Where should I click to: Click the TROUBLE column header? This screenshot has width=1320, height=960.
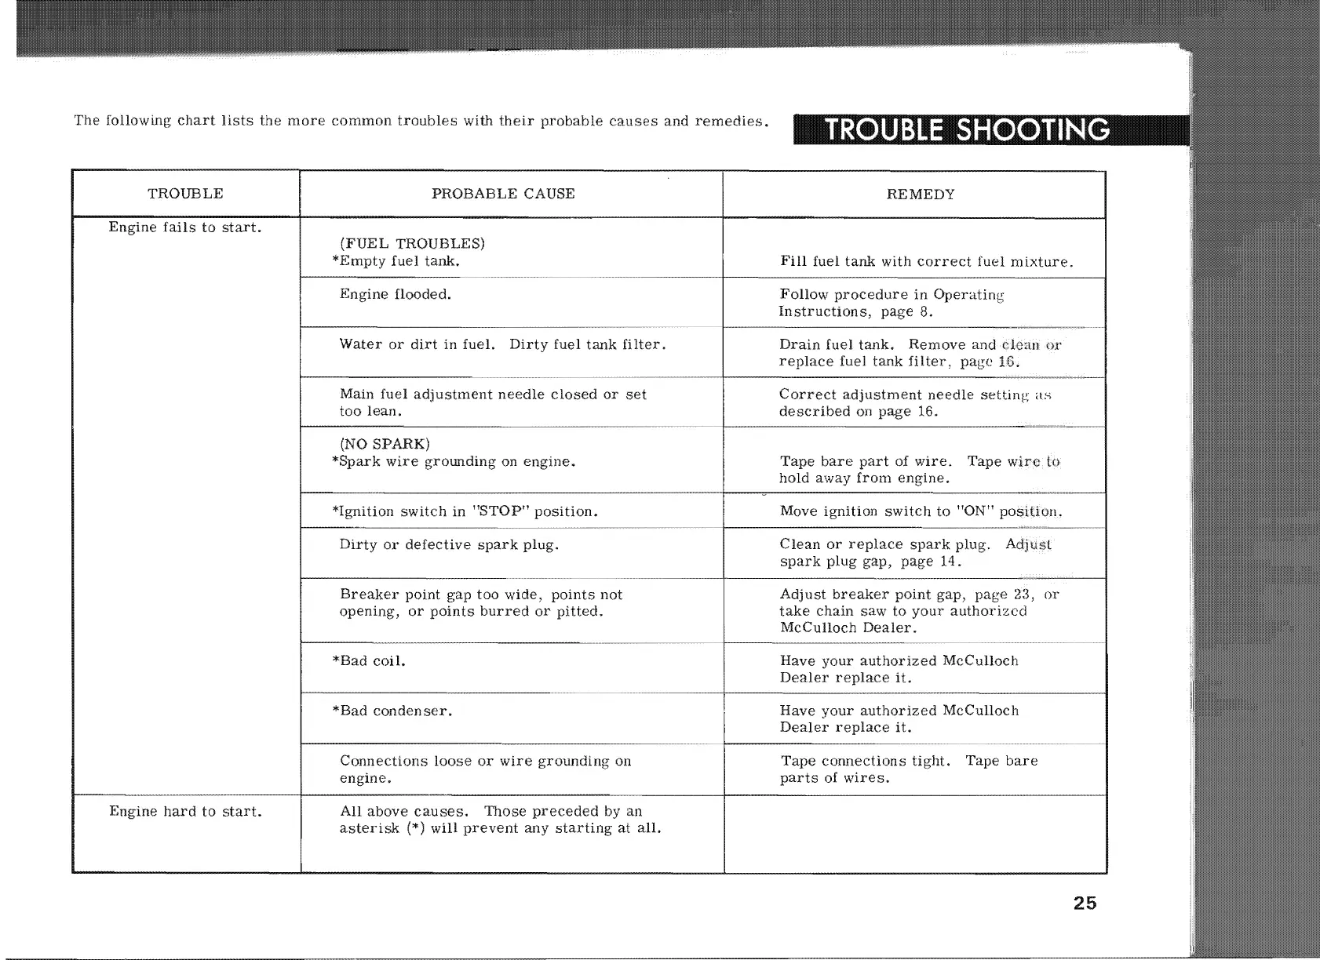coord(185,194)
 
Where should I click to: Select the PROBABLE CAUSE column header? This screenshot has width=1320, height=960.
coord(503,194)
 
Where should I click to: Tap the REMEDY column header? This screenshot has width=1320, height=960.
coord(921,195)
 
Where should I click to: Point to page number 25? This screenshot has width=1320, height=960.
coord(1085,903)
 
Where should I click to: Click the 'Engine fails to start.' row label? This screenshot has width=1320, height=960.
coord(185,227)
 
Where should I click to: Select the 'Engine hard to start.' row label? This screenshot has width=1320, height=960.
coord(185,811)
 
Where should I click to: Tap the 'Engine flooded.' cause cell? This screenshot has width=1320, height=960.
coord(395,294)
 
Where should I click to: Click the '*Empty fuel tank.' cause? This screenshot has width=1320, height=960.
coord(396,261)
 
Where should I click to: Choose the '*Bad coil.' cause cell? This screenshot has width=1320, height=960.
coord(369,660)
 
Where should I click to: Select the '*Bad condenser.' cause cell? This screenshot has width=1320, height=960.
coord(392,711)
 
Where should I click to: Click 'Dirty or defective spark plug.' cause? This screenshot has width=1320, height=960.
coord(449,544)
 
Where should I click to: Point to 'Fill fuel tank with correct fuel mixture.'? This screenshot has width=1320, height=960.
coord(927,261)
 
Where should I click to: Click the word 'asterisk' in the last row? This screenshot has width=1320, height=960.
coord(369,828)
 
